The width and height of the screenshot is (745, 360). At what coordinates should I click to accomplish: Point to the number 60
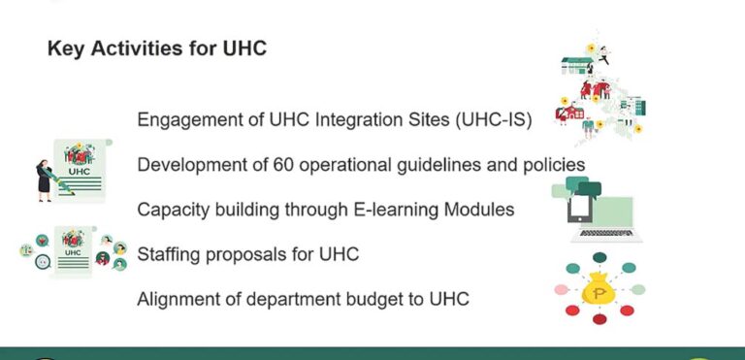click(x=284, y=164)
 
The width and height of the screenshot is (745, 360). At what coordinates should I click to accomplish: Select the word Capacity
click(x=173, y=210)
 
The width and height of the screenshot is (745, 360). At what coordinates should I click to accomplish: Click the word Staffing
click(x=172, y=254)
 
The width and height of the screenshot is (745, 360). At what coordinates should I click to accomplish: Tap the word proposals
click(x=252, y=254)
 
